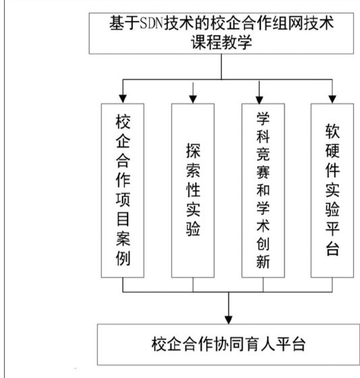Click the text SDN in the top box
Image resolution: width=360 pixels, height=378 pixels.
coord(152,24)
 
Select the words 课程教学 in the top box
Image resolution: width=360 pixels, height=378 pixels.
coord(221,42)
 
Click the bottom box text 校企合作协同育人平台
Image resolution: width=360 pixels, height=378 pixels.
coord(229,344)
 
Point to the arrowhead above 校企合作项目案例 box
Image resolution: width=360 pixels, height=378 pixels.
coord(123,99)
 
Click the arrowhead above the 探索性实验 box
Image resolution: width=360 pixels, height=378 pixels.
coord(193,99)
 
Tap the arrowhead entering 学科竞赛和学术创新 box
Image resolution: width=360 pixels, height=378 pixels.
coord(259,99)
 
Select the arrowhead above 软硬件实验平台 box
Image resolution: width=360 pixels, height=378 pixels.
coord(332,99)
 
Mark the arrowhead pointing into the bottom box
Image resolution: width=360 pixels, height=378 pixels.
coord(229,320)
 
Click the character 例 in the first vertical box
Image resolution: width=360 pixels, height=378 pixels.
coord(123,258)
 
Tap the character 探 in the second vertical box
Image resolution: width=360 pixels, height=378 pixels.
coord(193,151)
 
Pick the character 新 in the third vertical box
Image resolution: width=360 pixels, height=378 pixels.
coord(263,261)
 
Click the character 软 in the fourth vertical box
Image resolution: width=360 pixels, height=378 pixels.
coord(332,131)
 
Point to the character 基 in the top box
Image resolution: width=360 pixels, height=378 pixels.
coord(117,23)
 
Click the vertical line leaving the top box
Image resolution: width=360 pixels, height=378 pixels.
coord(221,67)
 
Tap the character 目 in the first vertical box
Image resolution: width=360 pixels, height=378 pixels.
coord(123,219)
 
